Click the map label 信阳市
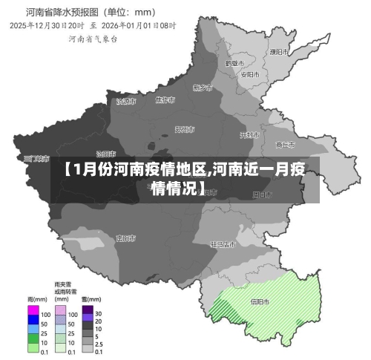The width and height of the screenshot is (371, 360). (260, 302)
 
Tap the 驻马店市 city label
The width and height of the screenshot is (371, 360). (223, 243)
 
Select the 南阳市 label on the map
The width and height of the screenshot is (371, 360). (125, 238)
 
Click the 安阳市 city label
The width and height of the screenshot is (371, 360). (250, 74)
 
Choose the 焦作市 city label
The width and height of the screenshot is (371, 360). (165, 99)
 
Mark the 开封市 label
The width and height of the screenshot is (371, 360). (249, 135)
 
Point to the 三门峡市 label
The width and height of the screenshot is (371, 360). (36, 159)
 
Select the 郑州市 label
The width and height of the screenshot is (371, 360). (185, 129)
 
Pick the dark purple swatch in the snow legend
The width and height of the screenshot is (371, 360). (88, 312)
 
